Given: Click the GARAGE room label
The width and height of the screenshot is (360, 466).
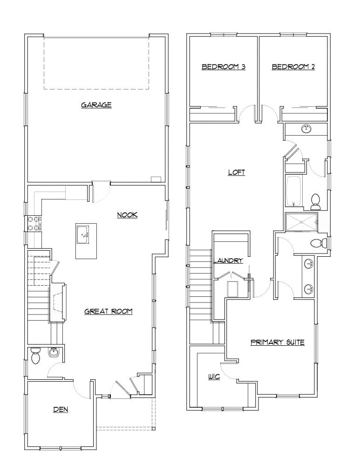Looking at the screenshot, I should click(96, 105).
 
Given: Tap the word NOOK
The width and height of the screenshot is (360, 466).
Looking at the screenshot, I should click(127, 215).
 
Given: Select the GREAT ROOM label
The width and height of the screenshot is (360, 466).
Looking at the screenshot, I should click(109, 311).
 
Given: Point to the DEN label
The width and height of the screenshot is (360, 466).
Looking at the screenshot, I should click(61, 410).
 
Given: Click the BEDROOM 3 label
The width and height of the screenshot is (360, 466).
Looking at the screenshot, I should click(223, 67).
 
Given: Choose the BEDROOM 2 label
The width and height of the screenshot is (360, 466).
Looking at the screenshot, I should click(293, 67).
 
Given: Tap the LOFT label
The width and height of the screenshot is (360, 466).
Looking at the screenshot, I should click(236, 172).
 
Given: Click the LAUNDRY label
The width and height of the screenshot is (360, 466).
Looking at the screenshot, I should click(228, 260).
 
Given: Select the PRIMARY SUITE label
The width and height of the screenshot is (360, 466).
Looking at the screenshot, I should click(278, 342).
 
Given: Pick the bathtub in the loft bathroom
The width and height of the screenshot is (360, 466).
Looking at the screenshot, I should click(293, 191).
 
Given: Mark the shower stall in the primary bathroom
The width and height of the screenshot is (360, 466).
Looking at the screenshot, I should click(300, 221).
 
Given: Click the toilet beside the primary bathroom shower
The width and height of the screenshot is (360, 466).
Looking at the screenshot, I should click(318, 243).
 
